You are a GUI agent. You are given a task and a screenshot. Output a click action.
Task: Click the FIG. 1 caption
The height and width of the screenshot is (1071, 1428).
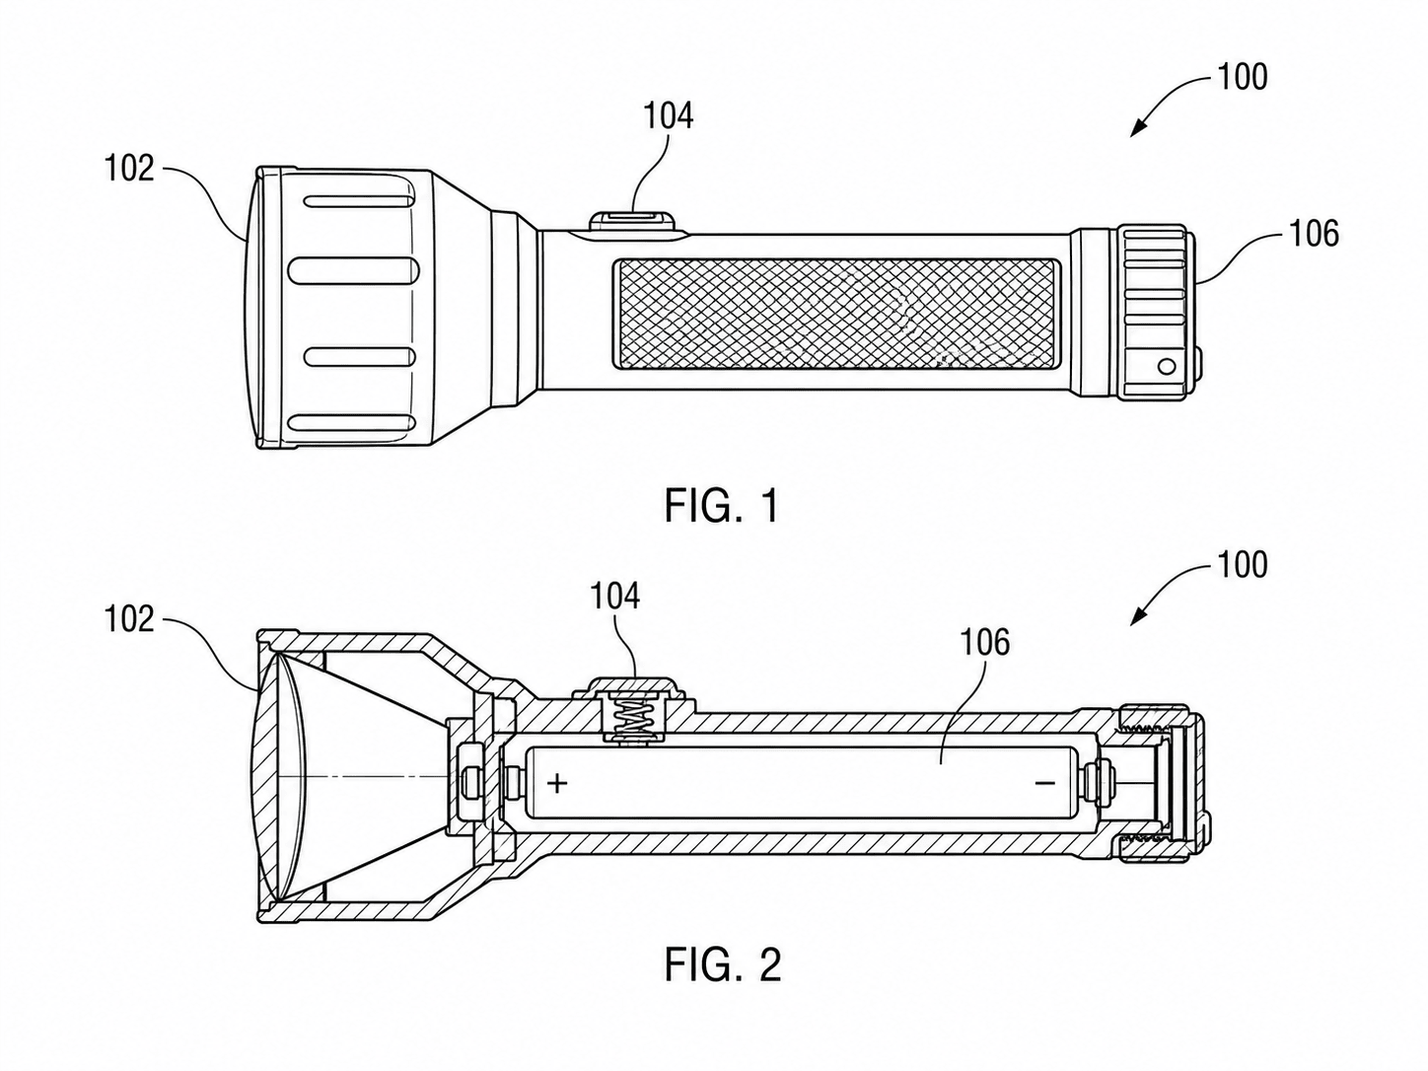point(721,505)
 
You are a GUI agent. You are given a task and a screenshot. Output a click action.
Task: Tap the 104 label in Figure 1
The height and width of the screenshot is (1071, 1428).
point(668,116)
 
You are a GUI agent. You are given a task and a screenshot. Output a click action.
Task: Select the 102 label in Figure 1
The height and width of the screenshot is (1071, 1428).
point(130,169)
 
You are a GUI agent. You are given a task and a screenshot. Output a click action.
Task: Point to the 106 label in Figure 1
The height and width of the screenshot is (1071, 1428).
point(1315,234)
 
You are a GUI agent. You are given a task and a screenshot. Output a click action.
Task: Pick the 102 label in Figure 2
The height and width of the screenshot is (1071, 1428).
point(130,619)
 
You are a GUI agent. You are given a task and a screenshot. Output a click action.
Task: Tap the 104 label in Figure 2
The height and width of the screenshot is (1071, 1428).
point(614,597)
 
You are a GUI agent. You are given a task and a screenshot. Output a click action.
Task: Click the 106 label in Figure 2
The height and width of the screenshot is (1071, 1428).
point(985,642)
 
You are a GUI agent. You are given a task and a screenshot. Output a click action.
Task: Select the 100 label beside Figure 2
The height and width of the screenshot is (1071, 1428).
point(1243,564)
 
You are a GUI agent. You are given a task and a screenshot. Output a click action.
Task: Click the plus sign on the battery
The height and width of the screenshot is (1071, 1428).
point(557,783)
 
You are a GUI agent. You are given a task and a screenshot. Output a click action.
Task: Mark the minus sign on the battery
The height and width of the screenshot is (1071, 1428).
point(1044,783)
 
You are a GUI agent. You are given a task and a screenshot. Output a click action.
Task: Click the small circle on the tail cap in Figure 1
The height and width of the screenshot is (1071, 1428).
point(1167,366)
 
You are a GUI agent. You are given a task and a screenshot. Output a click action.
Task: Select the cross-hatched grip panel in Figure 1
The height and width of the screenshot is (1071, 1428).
point(836,314)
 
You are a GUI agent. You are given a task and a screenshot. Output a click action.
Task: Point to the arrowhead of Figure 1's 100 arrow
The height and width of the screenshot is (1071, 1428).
point(1136,130)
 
